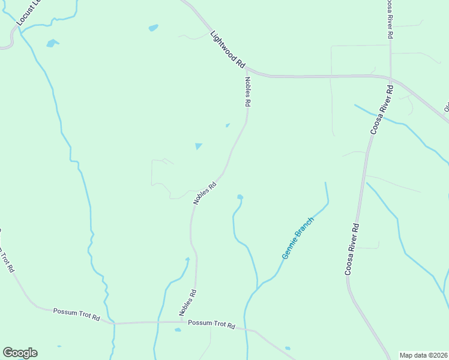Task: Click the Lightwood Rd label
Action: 228,49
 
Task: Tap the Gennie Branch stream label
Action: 298,238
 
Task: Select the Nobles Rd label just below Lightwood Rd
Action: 247,91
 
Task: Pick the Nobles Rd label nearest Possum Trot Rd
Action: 188,303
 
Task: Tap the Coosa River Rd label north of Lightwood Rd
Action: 390,19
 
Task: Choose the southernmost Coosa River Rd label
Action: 352,250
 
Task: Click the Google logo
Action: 20,353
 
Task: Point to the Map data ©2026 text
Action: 424,355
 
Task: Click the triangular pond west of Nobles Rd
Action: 198,146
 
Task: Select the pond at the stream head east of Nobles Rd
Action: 240,196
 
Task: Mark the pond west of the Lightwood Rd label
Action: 153,28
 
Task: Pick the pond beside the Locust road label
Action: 52,43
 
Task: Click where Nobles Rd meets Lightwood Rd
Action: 246,69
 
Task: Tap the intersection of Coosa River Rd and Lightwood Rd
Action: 390,78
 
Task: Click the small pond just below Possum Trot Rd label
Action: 178,329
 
